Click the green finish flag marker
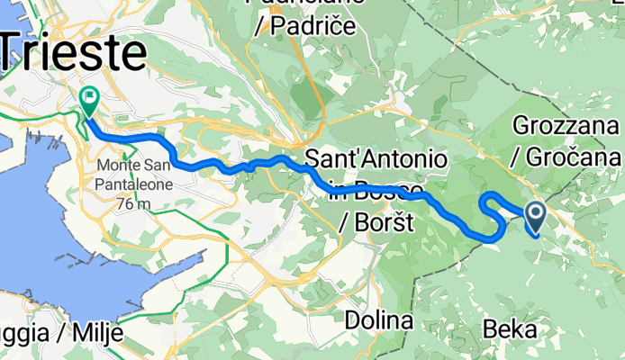point(90,98)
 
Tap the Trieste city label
point(72,52)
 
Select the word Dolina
point(380,320)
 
